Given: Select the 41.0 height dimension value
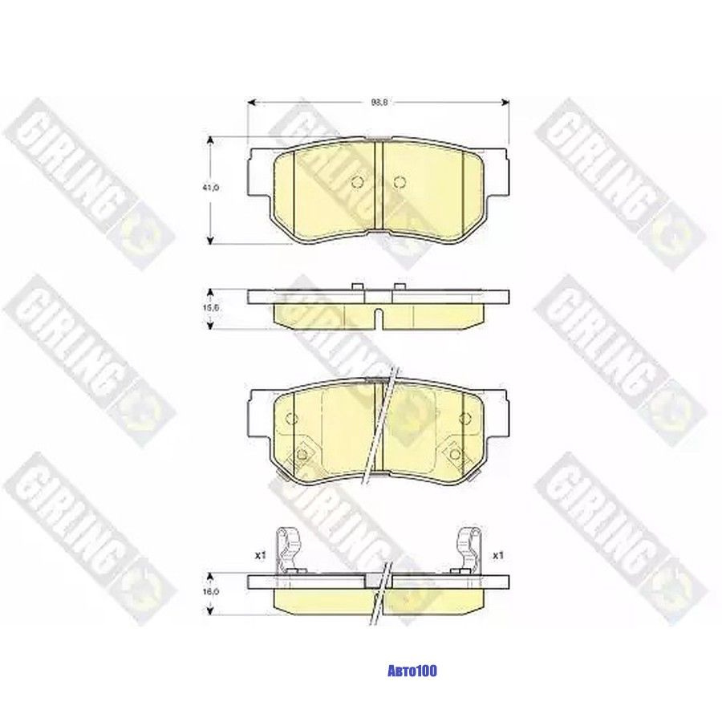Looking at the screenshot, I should pyautogui.click(x=211, y=187).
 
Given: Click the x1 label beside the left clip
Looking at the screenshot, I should pyautogui.click(x=259, y=554).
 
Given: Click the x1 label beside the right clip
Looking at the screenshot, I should pyautogui.click(x=497, y=554).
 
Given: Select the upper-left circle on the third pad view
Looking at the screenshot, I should pyautogui.click(x=291, y=417).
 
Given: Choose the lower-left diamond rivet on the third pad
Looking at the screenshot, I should pyautogui.click(x=302, y=454).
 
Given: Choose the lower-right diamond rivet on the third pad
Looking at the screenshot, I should pyautogui.click(x=455, y=454).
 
